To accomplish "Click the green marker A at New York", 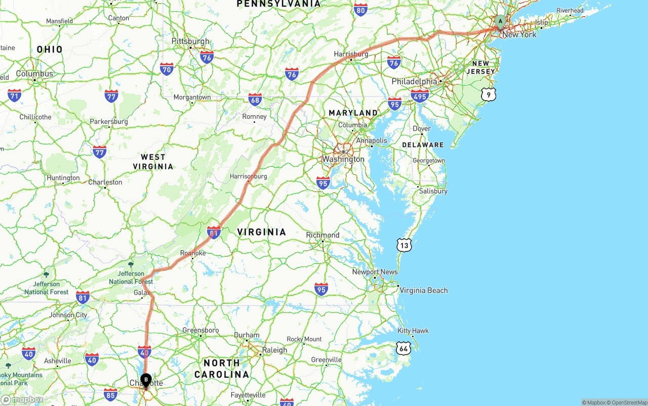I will pyautogui.click(x=500, y=21).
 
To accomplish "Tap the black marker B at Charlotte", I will pyautogui.click(x=146, y=379).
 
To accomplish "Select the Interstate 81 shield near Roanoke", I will pyautogui.click(x=214, y=232).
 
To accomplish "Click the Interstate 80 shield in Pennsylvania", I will pyautogui.click(x=360, y=10).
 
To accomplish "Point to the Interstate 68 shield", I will pyautogui.click(x=255, y=99).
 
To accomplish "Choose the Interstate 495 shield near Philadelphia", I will pyautogui.click(x=420, y=96).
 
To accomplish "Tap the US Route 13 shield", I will pyautogui.click(x=404, y=246).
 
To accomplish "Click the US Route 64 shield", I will pyautogui.click(x=403, y=348).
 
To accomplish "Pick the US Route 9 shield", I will pyautogui.click(x=488, y=94).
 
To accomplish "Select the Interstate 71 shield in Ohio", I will pyautogui.click(x=15, y=95).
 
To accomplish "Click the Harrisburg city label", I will pyautogui.click(x=351, y=54).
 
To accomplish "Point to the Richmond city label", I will pyautogui.click(x=322, y=235).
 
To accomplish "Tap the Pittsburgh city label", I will pyautogui.click(x=190, y=41).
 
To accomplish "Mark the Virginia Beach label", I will pyautogui.click(x=424, y=290).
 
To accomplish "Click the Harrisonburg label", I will pyautogui.click(x=248, y=176).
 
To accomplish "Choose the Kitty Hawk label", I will pyautogui.click(x=413, y=331).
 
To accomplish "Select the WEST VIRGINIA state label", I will pyautogui.click(x=153, y=162).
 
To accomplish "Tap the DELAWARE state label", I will pyautogui.click(x=423, y=145).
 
